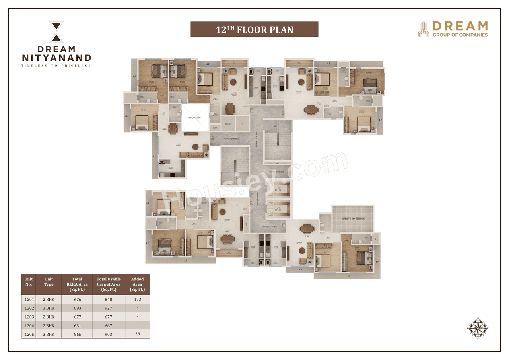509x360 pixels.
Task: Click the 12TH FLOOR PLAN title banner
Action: pos(254,29)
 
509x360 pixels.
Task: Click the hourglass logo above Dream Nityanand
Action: pos(56,32)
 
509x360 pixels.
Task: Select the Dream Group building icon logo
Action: pos(423,29)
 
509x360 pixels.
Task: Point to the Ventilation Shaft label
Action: pos(195,118)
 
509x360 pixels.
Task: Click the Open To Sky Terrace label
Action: pos(353,219)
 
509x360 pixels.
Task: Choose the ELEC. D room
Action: pos(228,124)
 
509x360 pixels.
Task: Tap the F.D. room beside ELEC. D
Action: pos(242,124)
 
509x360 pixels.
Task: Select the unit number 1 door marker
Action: pos(284,225)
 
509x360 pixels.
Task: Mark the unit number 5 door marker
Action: pos(283,113)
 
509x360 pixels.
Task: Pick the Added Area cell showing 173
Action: pos(137,299)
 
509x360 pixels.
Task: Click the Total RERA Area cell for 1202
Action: pos(77,308)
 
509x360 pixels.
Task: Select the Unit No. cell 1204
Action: pos(29,326)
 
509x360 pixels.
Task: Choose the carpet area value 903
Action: pos(109,335)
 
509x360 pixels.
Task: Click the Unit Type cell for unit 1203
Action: pos(49,317)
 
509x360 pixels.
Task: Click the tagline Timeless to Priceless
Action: pos(56,66)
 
